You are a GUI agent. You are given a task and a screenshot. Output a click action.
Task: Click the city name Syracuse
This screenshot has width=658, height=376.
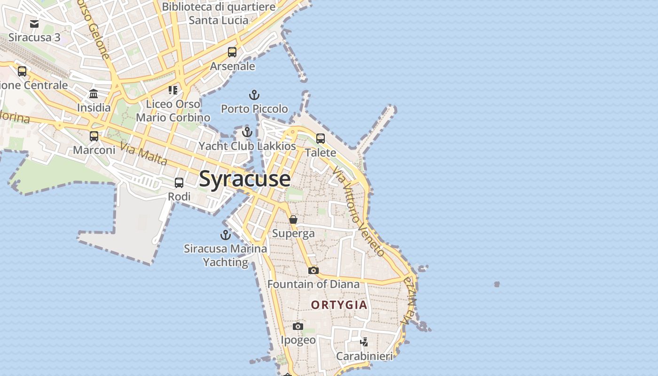click(x=244, y=179)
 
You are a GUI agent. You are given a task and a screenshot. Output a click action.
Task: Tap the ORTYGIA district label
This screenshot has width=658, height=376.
click(x=339, y=305)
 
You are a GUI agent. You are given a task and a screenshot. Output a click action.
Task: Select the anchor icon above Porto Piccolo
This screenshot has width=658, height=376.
click(x=254, y=95)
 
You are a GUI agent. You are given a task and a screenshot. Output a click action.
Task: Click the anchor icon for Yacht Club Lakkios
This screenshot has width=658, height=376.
click(x=247, y=132)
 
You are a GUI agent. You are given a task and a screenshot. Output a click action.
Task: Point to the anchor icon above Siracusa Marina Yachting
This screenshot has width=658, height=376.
click(x=226, y=235)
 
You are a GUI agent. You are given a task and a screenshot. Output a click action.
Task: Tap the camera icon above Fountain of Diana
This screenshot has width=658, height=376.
click(x=313, y=270)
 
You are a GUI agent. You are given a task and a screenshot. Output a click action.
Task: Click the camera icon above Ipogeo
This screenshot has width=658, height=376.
click(x=298, y=326)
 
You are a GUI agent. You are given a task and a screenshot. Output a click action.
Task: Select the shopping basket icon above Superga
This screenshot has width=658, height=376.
click(x=293, y=219)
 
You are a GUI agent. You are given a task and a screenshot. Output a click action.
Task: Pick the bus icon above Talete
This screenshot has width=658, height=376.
click(x=321, y=139)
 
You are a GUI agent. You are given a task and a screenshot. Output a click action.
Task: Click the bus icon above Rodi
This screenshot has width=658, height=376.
click(x=179, y=183)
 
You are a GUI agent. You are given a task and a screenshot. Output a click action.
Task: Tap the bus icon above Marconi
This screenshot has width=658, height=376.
click(x=94, y=136)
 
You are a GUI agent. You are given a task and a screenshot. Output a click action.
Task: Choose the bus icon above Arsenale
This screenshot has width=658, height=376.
click(x=232, y=52)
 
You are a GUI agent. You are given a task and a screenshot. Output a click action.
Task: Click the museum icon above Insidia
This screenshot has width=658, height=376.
click(x=94, y=94)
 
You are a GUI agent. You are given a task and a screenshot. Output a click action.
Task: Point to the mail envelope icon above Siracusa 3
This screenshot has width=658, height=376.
click(x=34, y=23)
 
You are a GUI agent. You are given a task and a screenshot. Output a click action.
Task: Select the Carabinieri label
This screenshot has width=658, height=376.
click(x=364, y=356)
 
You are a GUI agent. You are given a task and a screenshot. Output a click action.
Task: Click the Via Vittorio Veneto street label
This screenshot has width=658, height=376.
click(x=358, y=211)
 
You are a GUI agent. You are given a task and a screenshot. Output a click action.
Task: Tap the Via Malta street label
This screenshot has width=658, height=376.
click(x=144, y=154)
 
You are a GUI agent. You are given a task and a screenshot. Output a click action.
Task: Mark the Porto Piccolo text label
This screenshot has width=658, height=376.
click(x=254, y=109)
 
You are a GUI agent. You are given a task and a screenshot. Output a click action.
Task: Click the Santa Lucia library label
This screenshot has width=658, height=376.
click(x=219, y=14)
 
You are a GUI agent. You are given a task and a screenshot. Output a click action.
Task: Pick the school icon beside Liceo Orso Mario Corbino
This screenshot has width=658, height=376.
click(x=173, y=90)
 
